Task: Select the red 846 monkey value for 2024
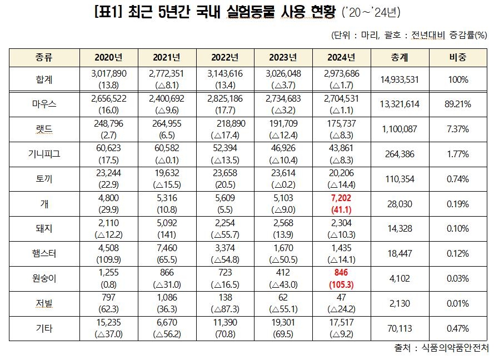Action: [341, 273]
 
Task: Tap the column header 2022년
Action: [225, 58]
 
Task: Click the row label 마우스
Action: [44, 104]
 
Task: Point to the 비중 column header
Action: [457, 58]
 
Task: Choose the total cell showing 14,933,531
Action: [400, 79]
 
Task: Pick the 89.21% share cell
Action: [457, 104]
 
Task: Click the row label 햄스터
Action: [44, 253]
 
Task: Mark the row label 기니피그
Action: [44, 154]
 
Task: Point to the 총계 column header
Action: [400, 58]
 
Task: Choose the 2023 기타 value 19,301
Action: [283, 323]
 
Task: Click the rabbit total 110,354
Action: [400, 179]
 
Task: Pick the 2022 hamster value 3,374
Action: [225, 248]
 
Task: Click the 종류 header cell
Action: [44, 58]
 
